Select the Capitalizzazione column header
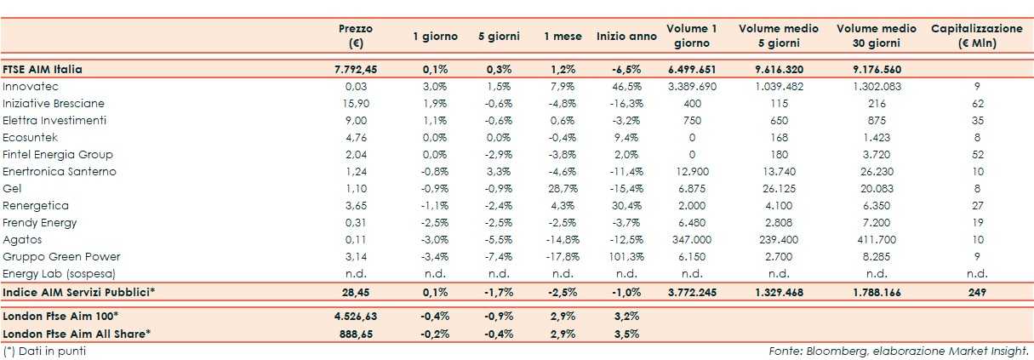point(976,36)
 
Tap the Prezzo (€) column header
point(355,36)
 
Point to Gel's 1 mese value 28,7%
point(563,189)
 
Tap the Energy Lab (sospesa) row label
point(59,274)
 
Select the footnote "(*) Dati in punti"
point(44,351)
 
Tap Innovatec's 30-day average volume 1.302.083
point(876,87)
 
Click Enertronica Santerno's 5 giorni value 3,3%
point(500,172)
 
